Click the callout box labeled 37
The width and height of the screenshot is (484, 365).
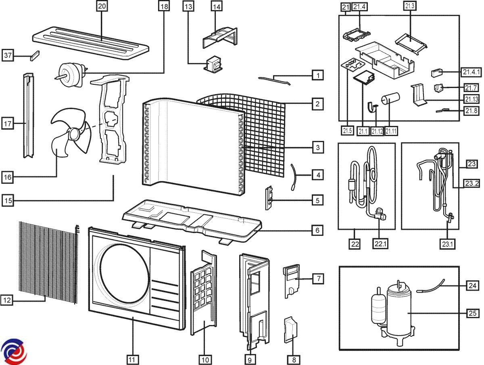(x=8, y=55)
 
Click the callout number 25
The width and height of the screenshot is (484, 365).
(x=473, y=313)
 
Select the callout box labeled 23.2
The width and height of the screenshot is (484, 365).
(x=471, y=183)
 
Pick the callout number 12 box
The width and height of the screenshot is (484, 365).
(x=7, y=300)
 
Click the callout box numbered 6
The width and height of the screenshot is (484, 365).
(x=318, y=231)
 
